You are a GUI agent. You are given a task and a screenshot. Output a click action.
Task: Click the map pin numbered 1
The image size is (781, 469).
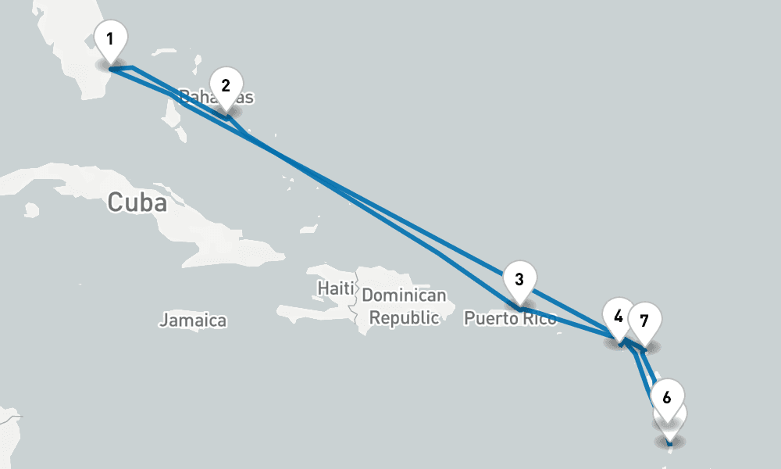111,39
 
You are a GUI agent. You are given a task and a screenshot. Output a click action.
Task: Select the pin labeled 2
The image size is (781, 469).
225,86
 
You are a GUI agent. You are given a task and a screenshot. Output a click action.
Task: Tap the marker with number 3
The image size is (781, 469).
519,279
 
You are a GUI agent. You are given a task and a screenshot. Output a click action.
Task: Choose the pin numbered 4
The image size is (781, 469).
619,317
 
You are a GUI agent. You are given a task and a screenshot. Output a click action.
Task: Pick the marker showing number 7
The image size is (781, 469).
644,321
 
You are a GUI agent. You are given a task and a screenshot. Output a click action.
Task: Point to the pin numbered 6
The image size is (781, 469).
666,397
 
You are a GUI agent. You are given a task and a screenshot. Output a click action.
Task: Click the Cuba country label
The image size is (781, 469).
137,202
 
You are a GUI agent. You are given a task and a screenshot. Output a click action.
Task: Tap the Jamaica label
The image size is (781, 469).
193,320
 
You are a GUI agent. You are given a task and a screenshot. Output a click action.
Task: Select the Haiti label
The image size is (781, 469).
336,288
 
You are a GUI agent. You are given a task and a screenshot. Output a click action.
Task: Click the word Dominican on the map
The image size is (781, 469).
404,296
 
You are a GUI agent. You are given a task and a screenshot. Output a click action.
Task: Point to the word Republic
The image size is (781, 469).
404,318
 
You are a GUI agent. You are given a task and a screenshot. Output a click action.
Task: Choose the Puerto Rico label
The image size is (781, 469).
510,319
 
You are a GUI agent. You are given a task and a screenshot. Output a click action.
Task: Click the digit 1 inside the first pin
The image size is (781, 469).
111,38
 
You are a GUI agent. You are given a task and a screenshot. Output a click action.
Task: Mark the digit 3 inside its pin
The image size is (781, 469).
519,278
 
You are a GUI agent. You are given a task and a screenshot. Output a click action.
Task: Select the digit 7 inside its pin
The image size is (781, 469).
644,320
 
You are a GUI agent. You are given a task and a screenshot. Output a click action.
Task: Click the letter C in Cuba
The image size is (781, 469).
116,202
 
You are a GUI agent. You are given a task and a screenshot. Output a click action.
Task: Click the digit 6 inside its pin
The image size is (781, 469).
666,396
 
